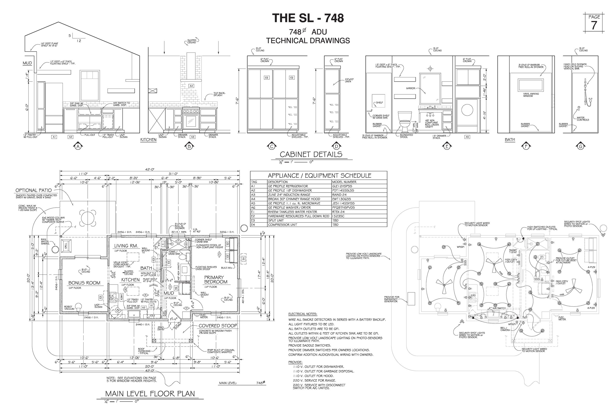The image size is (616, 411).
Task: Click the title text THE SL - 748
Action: coord(308,18)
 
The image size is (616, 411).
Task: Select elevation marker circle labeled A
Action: coord(78,146)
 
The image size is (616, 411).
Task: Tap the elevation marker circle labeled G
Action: coord(580,146)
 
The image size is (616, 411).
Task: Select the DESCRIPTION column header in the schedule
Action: coord(278,182)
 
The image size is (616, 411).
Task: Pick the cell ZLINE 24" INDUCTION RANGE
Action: coord(289,195)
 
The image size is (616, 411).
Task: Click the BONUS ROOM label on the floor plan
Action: coord(84,283)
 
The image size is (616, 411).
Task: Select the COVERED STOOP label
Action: coord(218,326)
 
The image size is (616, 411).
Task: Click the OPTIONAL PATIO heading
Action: coord(34,190)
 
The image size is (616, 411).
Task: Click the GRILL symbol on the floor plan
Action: coord(66,245)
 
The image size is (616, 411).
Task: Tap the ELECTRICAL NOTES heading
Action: coord(303,314)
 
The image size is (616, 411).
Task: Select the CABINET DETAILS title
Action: coord(311,154)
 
